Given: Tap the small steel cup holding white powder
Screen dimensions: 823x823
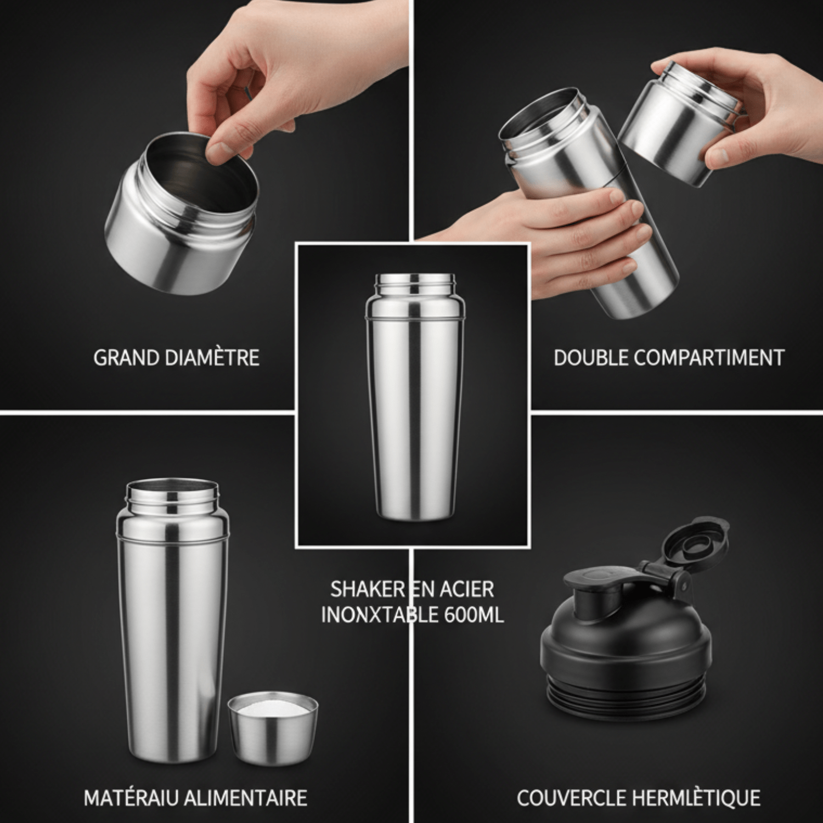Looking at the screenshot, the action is [x=273, y=728].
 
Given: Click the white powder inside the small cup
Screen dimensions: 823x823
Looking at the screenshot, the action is [x=273, y=708].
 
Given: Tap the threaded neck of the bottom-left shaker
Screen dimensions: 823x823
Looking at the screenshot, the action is [x=172, y=496].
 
